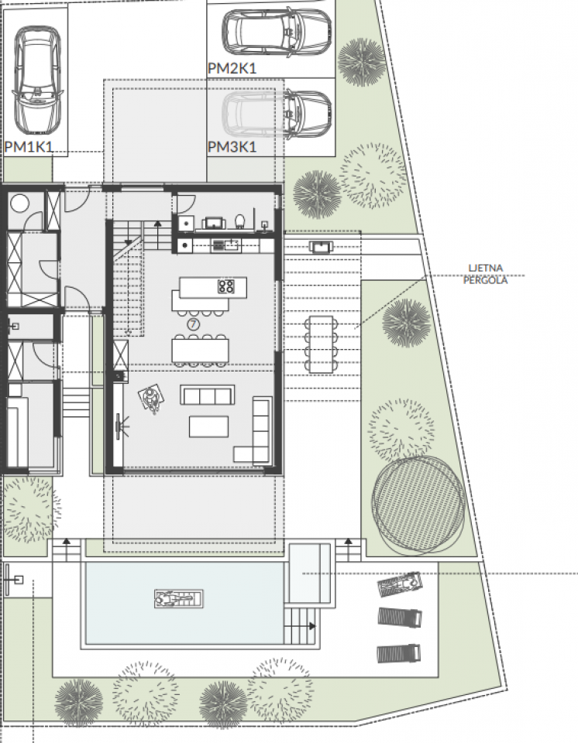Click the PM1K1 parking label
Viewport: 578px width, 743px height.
29,146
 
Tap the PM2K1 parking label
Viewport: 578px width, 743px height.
232,68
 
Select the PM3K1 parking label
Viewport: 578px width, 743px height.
232,147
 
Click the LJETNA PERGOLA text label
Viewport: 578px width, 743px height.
485,274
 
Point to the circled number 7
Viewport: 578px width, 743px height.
193,324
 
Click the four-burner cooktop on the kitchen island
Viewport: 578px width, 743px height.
226,286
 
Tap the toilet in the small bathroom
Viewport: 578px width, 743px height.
239,221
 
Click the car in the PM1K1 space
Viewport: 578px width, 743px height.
37,80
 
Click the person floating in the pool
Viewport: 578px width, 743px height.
179,599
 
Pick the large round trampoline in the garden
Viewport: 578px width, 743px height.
418,505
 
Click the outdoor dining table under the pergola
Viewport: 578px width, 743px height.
322,344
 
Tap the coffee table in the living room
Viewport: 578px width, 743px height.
208,426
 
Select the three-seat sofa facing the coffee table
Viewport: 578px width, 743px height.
208,395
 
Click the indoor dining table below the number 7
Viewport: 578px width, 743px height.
200,350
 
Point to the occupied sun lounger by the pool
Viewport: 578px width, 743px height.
399,584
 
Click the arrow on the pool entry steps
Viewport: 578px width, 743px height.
311,626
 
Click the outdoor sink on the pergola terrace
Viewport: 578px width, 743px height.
321,247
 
